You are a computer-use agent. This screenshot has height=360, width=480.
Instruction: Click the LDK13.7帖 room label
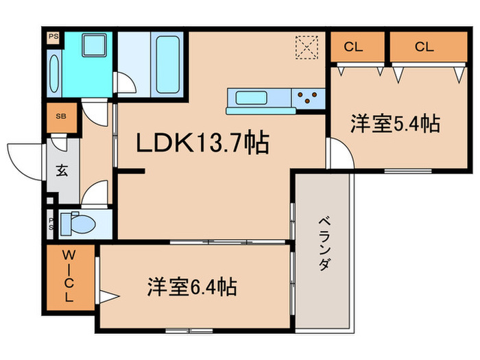[x=202, y=143]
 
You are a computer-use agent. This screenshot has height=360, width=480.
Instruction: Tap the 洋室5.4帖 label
[x=395, y=124]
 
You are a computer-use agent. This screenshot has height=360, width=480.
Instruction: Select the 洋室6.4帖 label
[x=193, y=287]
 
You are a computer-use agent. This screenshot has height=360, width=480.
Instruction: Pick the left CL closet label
[x=354, y=47]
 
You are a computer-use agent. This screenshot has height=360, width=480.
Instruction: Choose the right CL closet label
[x=424, y=47]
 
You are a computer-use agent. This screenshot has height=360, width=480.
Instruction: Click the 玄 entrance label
[x=62, y=171]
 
